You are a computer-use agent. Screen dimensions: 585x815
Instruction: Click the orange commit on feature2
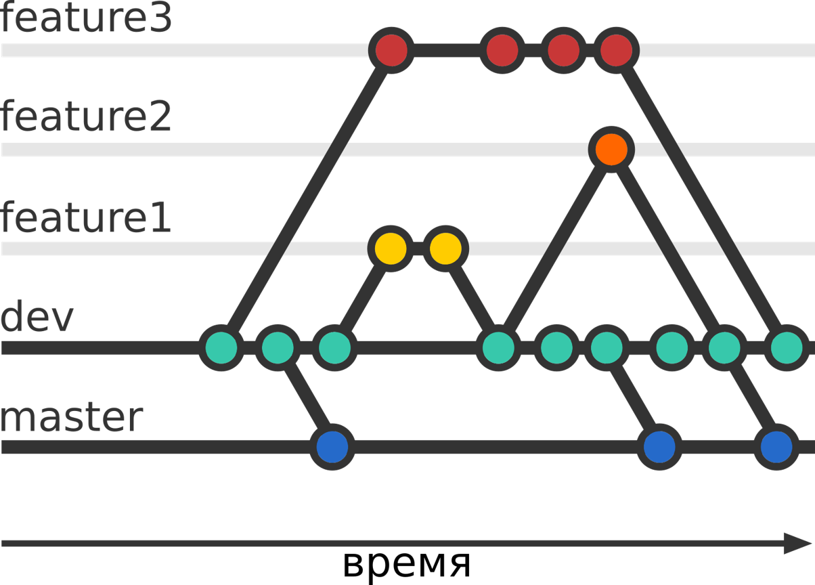point(611,150)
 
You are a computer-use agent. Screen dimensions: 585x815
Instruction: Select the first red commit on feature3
point(391,50)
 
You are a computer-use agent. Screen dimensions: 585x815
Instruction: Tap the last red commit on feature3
point(616,50)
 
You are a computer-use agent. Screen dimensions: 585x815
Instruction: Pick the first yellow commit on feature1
point(391,248)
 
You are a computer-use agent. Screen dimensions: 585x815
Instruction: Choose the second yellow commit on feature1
point(445,248)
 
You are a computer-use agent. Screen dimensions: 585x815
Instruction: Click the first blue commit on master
point(332,447)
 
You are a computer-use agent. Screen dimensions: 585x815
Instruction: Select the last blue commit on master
point(776,447)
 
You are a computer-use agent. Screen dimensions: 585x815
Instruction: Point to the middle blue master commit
point(659,447)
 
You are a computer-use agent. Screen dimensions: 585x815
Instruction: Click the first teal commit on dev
point(222,348)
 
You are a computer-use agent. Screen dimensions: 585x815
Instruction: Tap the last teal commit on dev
point(787,348)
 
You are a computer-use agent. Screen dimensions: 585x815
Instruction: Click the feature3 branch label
point(87,19)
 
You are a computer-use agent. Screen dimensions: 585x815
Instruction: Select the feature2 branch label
point(87,118)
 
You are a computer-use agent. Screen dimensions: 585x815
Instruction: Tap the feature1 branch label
point(87,218)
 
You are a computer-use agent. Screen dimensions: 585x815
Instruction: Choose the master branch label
point(72,417)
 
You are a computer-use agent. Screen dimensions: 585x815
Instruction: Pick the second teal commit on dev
point(278,348)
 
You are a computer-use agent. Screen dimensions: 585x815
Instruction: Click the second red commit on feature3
point(502,50)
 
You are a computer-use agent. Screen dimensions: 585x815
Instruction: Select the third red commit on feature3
point(563,50)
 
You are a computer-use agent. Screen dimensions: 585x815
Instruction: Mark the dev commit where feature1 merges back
point(499,348)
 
